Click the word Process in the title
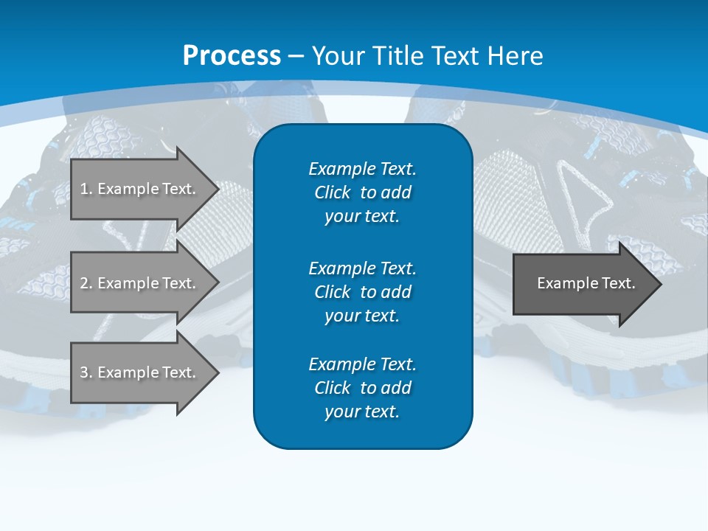pyautogui.click(x=232, y=56)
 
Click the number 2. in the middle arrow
pyautogui.click(x=86, y=283)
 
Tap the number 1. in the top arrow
pyautogui.click(x=86, y=189)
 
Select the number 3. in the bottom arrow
pyautogui.click(x=86, y=372)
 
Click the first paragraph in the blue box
pyautogui.click(x=362, y=192)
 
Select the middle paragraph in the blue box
pyautogui.click(x=362, y=291)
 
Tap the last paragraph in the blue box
pyautogui.click(x=362, y=388)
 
